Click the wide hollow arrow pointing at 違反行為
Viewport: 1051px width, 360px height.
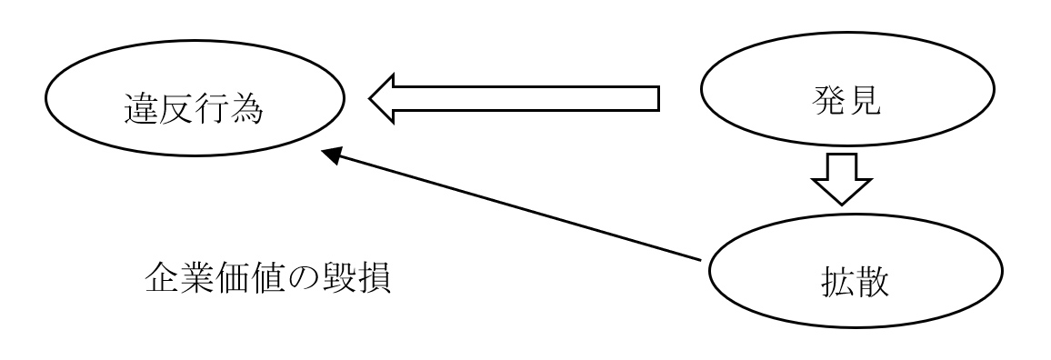(514, 97)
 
